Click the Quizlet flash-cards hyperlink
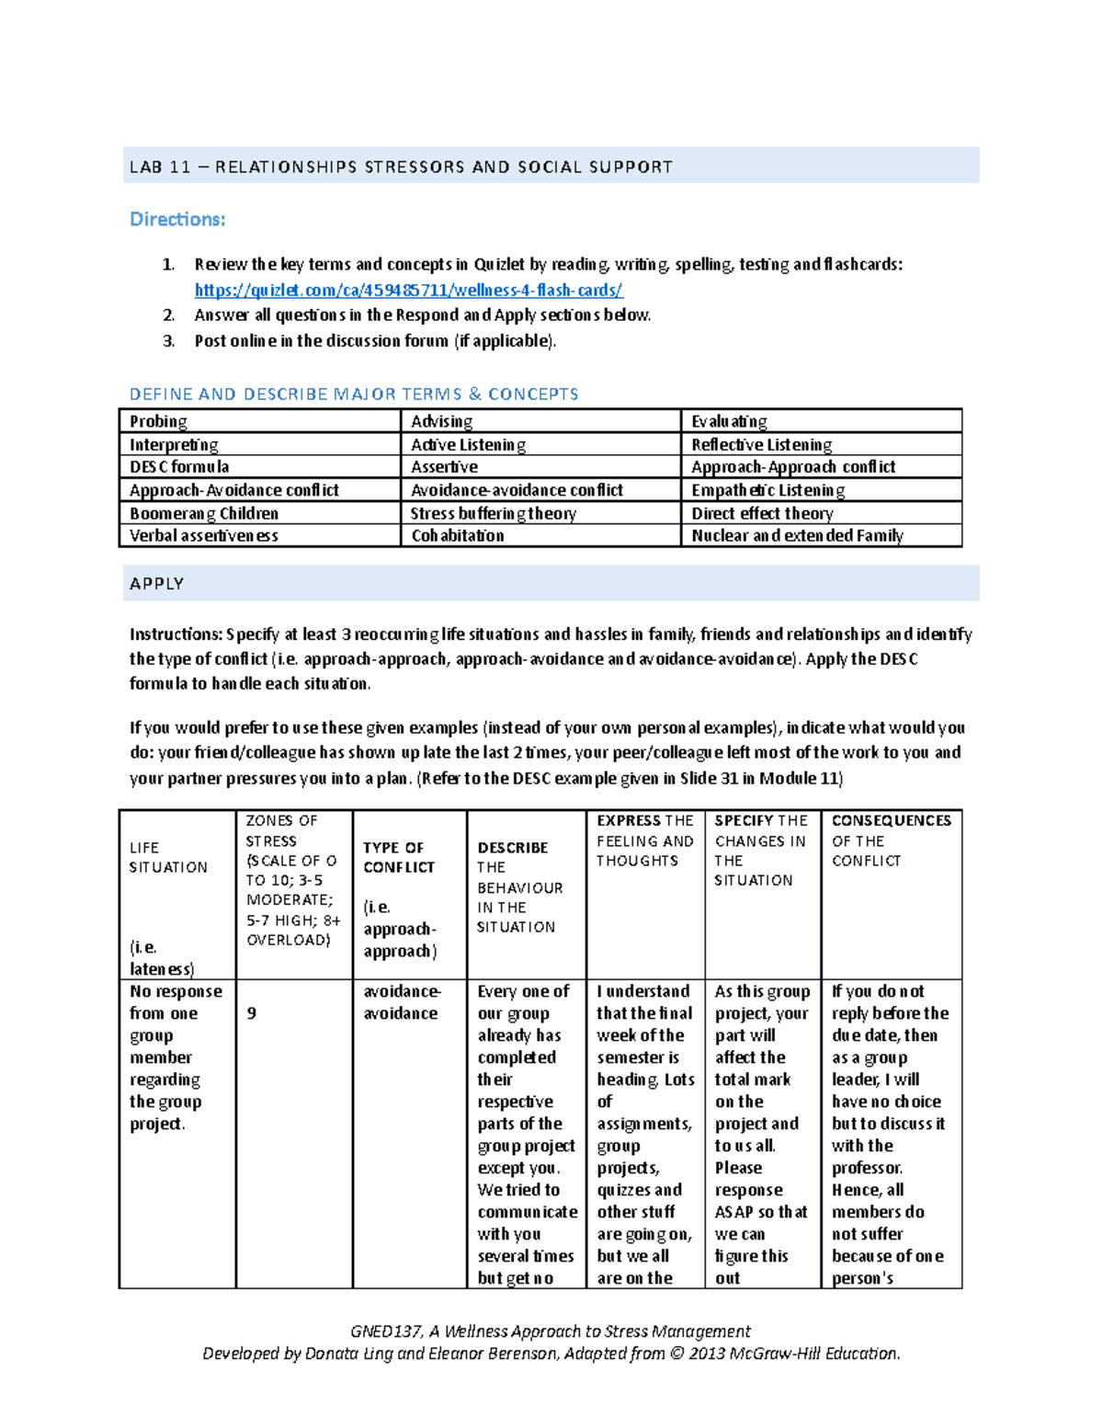408,291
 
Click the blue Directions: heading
177,220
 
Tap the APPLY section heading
157,584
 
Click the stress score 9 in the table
252,1013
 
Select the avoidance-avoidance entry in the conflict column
402,1002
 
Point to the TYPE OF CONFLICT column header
398,857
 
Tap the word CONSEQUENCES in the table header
891,820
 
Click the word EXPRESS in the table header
629,820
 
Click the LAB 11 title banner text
401,167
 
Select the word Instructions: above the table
176,634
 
